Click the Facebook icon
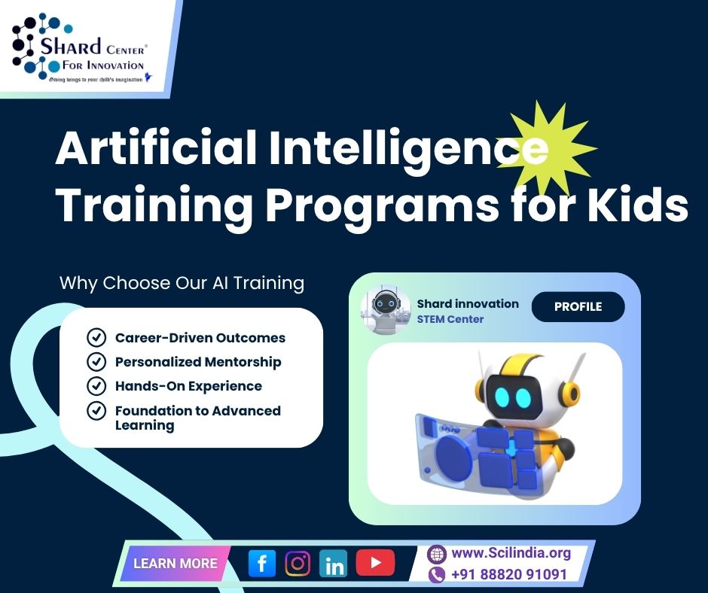[x=262, y=563]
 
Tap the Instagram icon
[x=298, y=563]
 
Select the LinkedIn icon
[x=333, y=563]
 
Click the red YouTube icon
[x=375, y=563]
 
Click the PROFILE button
[x=578, y=307]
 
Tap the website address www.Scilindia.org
[x=511, y=553]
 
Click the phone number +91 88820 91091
[x=509, y=574]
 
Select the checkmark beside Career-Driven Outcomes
[x=96, y=338]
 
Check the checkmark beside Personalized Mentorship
[x=96, y=362]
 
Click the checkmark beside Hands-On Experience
[x=96, y=386]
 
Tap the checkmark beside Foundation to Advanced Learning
[x=96, y=411]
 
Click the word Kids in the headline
[x=637, y=205]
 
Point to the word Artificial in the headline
[x=156, y=147]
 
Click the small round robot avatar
[x=385, y=309]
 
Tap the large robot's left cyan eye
[x=502, y=397]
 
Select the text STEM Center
[x=450, y=319]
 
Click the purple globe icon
[x=437, y=554]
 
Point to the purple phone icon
[x=437, y=575]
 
